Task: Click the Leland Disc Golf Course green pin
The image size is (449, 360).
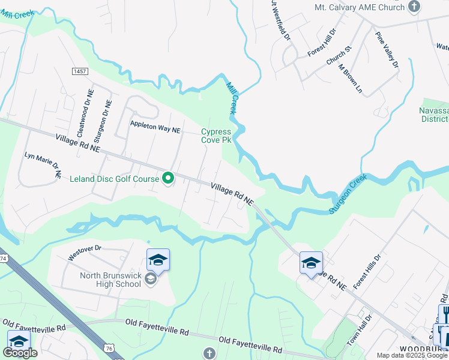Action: (169, 178)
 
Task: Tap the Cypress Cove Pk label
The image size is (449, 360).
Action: (215, 136)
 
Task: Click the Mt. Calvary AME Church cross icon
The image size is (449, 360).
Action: (414, 7)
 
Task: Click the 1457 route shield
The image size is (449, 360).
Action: (79, 71)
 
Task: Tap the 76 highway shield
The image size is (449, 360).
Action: (109, 348)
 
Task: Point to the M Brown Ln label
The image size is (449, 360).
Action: (351, 78)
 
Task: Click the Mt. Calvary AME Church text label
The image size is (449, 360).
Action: (360, 8)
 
